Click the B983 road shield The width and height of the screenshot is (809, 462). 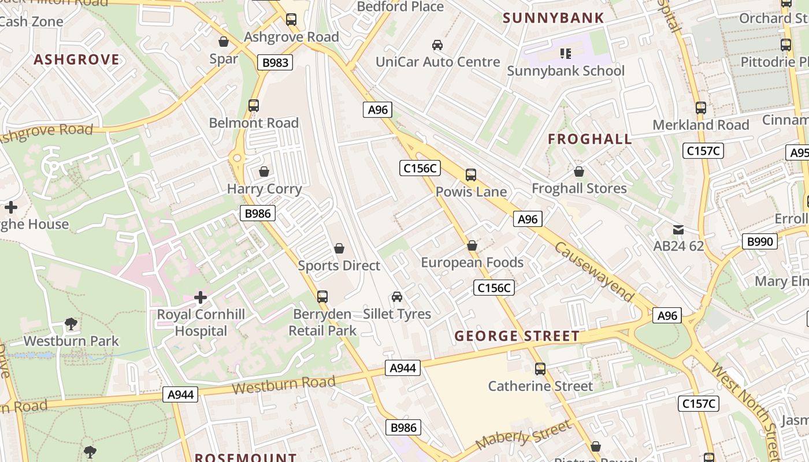(275, 62)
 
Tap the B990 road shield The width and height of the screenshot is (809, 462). (759, 241)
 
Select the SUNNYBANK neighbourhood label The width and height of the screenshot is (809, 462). (553, 18)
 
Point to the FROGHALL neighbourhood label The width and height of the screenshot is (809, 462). (589, 139)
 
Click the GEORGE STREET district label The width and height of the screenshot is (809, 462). (517, 336)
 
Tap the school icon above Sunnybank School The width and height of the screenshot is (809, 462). (566, 54)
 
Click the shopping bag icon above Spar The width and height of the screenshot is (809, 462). (224, 42)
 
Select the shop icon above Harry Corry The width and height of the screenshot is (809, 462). (264, 172)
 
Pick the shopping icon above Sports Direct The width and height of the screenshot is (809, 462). (339, 248)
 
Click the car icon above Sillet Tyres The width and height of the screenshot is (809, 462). (397, 297)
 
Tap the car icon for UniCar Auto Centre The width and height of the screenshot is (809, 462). (437, 44)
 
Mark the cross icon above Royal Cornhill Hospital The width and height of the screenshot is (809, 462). (201, 297)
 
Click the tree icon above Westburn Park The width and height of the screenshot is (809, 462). (71, 323)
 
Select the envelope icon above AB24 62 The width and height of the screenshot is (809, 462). (678, 229)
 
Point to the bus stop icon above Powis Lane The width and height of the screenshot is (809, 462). (471, 174)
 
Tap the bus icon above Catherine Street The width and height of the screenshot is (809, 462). (540, 368)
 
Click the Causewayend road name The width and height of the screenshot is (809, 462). (595, 271)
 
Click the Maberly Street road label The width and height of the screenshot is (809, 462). (523, 435)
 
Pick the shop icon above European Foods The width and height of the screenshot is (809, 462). (472, 245)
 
